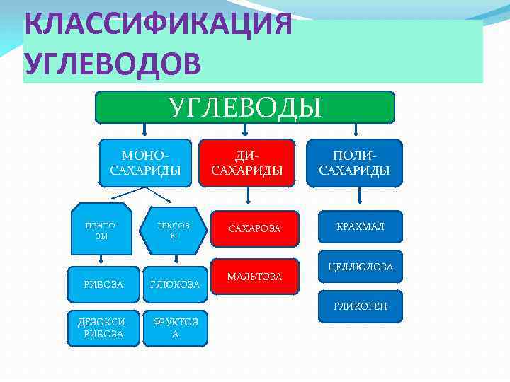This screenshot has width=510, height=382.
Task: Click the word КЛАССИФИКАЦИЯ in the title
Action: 157,25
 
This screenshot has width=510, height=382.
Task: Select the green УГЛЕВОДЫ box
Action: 244,108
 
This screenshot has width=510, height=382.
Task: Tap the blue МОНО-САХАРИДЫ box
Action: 146,163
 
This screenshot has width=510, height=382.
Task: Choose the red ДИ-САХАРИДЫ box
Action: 247,163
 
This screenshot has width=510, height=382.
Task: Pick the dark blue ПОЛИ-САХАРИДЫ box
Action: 354,163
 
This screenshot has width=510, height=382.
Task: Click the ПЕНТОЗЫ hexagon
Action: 101,228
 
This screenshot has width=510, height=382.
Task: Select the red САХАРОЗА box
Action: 254,228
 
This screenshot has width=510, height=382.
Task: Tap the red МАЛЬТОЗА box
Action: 254,276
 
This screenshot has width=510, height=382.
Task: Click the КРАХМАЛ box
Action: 360,226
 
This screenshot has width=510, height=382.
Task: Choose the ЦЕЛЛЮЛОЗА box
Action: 360,267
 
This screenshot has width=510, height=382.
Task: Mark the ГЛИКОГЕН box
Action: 360,306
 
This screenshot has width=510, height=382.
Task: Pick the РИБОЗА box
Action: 103,284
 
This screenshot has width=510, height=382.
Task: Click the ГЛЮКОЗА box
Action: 175,284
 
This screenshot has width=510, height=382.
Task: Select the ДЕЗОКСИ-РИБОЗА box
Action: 103,328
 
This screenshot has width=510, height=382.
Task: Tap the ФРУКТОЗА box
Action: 175,328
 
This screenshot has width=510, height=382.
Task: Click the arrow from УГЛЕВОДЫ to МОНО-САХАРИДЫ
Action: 144,130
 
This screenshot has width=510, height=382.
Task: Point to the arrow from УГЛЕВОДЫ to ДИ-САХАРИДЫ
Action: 245,130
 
